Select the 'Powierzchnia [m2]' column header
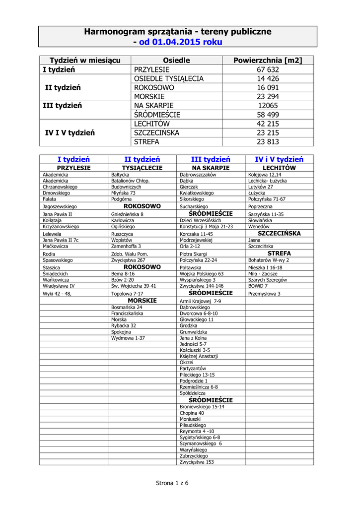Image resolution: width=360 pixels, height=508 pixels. tap(268, 61)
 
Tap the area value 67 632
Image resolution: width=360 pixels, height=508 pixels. tap(268, 70)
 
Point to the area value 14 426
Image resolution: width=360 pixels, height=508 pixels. tap(268, 79)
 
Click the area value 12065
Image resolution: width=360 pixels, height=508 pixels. tap(268, 106)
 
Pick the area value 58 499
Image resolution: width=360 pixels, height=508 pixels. tap(268, 115)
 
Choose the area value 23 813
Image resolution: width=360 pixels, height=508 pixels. tap(268, 142)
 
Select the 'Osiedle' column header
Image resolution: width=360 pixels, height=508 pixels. tap(177, 61)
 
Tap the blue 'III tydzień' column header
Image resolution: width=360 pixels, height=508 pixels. tap(211, 160)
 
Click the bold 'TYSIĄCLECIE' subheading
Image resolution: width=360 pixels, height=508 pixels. tap(142, 168)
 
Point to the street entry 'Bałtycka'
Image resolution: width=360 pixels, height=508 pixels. tap(120, 175)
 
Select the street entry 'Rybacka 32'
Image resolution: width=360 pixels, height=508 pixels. tap(124, 326)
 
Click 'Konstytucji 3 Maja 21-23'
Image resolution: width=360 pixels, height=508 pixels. tap(206, 226)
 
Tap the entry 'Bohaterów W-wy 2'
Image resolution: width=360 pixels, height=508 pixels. tap(269, 260)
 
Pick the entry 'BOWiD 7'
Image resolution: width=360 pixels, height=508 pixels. tap(258, 286)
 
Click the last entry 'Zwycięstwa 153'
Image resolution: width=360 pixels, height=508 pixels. tap(197, 462)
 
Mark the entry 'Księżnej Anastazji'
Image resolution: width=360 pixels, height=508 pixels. tap(199, 357)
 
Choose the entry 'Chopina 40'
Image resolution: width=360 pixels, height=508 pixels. tap(192, 413)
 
